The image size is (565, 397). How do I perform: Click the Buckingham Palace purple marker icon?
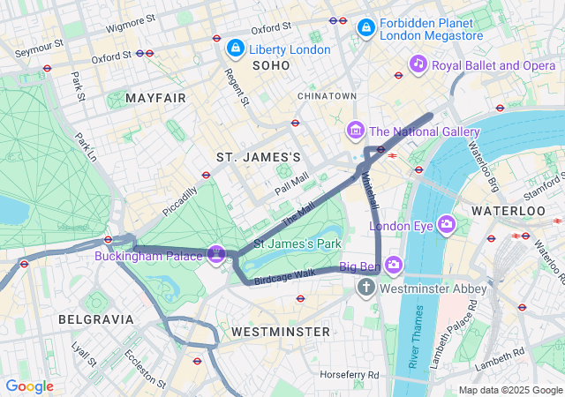tap(216, 255)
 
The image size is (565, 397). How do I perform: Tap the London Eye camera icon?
tap(447, 224)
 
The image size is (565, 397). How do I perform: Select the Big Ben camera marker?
tap(393, 265)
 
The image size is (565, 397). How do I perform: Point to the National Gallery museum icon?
tap(356, 131)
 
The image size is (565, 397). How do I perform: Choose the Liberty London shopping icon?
tap(235, 48)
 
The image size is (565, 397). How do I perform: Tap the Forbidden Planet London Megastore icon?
tap(365, 29)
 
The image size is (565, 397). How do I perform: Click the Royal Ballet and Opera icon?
tap(418, 64)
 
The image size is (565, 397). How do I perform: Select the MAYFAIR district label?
tap(155, 97)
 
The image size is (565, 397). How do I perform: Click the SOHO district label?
tap(270, 65)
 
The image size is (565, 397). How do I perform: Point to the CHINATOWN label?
tap(327, 95)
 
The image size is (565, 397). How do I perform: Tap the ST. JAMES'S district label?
tap(259, 156)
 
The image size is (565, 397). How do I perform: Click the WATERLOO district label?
tap(508, 211)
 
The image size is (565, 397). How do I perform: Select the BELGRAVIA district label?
tap(95, 318)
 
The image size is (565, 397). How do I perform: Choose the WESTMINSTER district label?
tap(280, 331)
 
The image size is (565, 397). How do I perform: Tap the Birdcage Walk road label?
tap(284, 277)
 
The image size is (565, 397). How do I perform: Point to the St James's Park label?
tap(297, 243)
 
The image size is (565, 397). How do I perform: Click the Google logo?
tap(29, 386)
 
